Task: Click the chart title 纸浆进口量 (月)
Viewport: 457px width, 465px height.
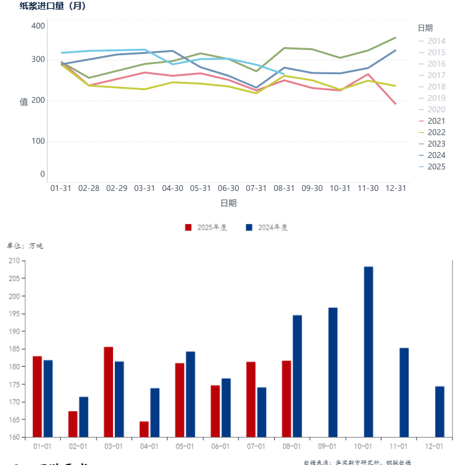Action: (x=53, y=6)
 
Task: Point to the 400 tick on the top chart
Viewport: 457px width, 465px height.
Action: (x=38, y=26)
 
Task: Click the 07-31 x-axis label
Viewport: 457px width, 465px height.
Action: (x=256, y=188)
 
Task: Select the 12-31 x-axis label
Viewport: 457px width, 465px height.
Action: (x=396, y=188)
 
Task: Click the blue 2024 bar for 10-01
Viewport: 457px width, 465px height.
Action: (x=368, y=352)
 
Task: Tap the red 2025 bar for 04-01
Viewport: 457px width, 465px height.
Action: (x=144, y=429)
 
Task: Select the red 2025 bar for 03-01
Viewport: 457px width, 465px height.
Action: (x=109, y=392)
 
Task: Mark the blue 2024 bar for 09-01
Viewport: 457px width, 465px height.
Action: (x=333, y=372)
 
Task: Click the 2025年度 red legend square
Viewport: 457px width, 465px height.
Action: (x=188, y=227)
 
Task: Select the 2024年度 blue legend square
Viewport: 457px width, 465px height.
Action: (x=249, y=227)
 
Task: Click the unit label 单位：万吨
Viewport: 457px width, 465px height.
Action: (x=25, y=246)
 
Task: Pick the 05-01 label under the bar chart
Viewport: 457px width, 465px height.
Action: (x=185, y=447)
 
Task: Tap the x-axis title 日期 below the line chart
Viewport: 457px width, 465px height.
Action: (x=228, y=203)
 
